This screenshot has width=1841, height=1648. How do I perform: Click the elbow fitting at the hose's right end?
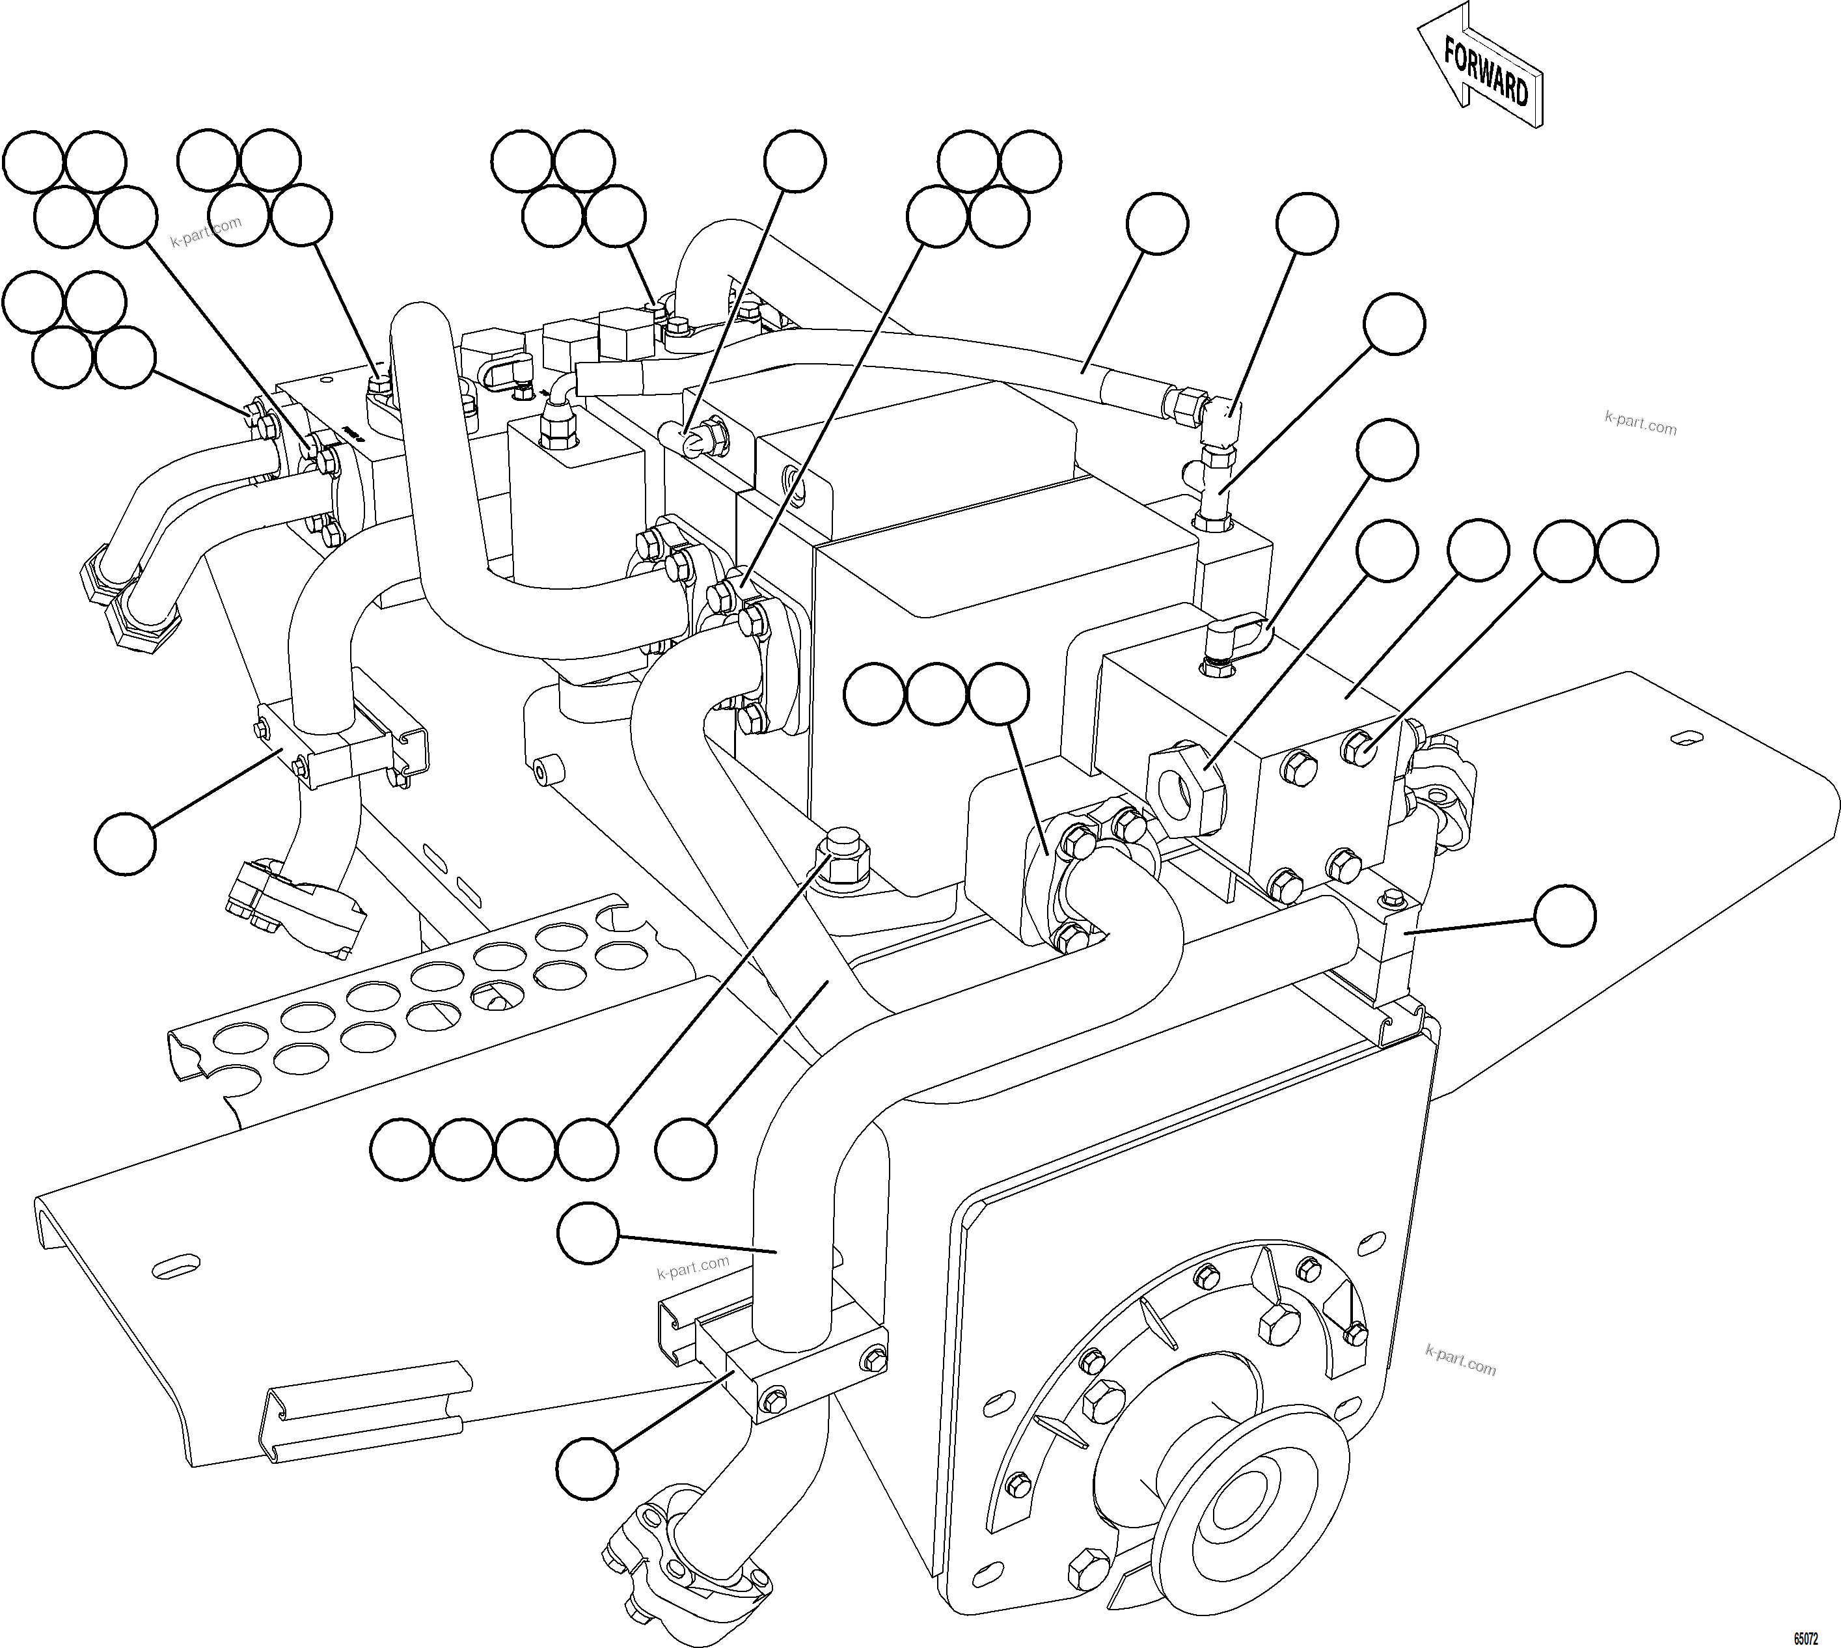[x=1223, y=419]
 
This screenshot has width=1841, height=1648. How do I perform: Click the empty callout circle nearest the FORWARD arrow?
[x=1306, y=223]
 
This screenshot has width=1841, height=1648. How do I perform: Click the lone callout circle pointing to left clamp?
[x=126, y=842]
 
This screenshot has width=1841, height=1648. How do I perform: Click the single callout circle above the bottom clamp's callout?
[x=588, y=1233]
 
